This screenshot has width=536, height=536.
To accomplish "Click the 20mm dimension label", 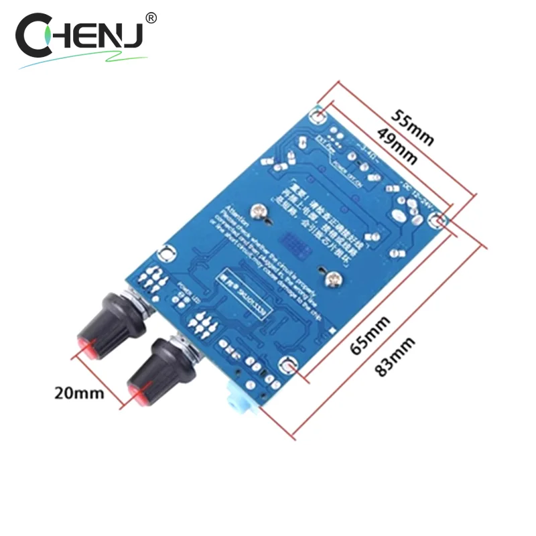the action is (x=79, y=393).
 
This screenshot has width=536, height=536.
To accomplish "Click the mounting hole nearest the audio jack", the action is (x=289, y=365).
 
